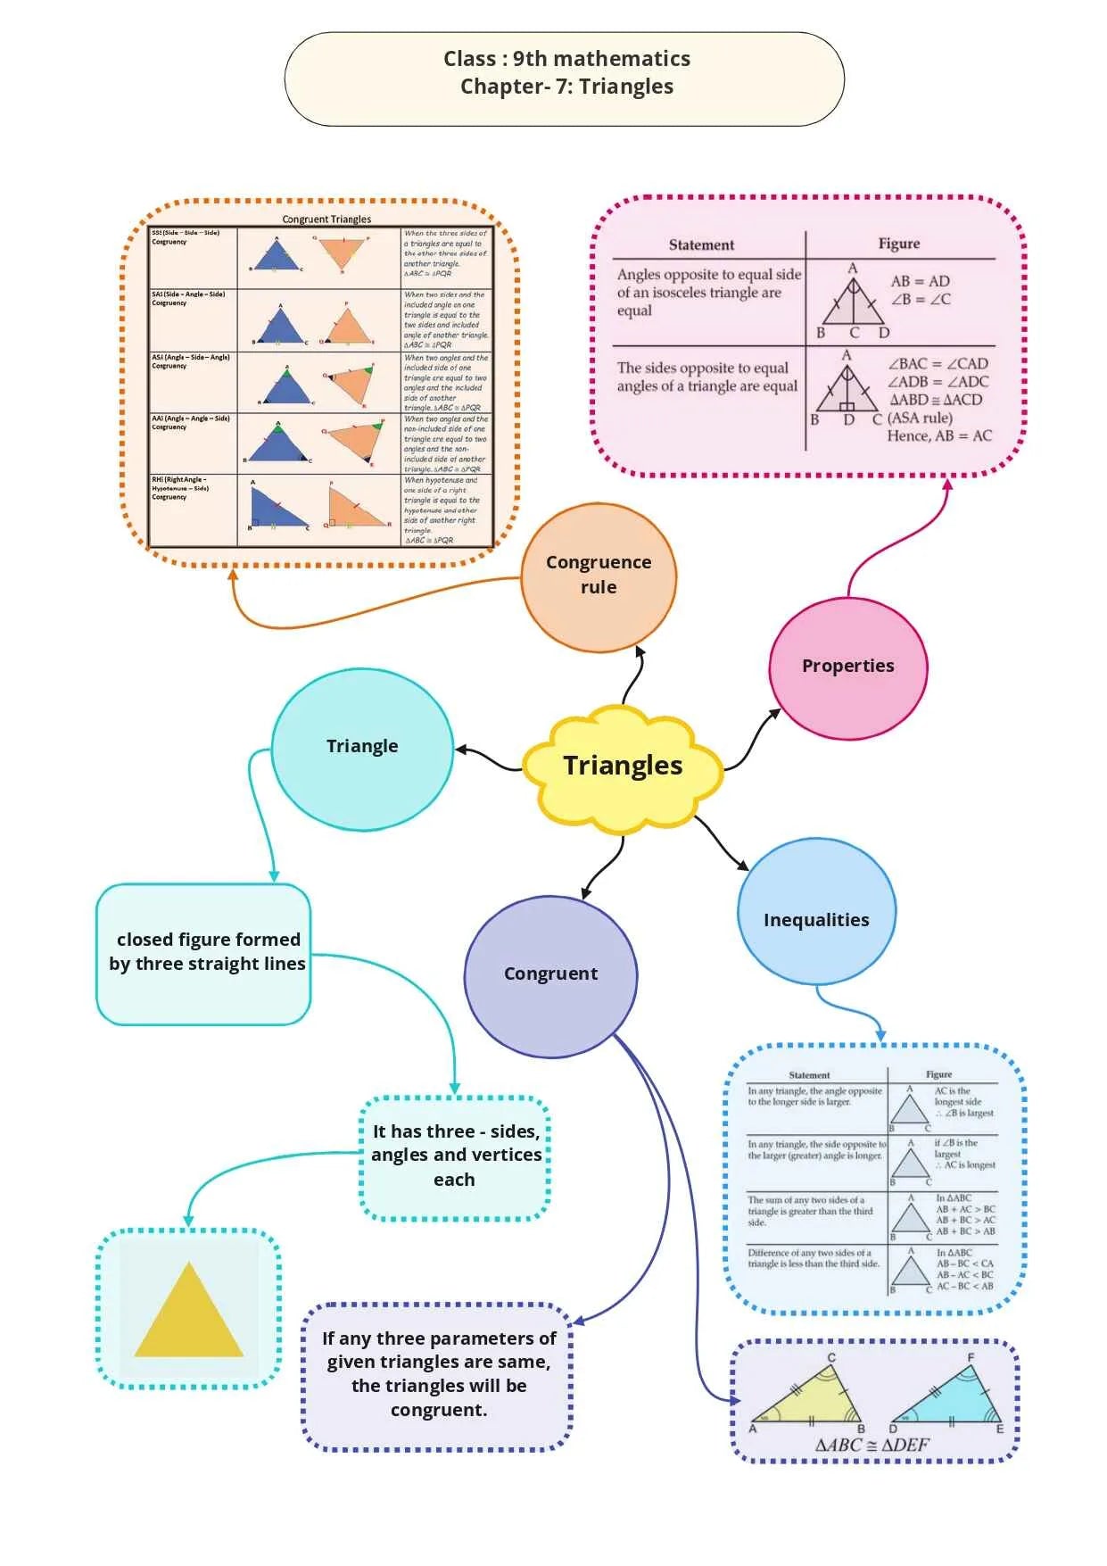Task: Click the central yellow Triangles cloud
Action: pyautogui.click(x=622, y=766)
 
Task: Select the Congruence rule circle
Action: pyautogui.click(x=599, y=576)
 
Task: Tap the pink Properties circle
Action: pyautogui.click(x=847, y=666)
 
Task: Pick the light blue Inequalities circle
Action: pyautogui.click(x=816, y=920)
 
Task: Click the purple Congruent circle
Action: pyautogui.click(x=550, y=974)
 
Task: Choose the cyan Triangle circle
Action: pyautogui.click(x=362, y=747)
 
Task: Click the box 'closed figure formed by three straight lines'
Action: pyautogui.click(x=204, y=952)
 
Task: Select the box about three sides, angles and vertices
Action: pyautogui.click(x=455, y=1156)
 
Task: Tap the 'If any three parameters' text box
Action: pyautogui.click(x=438, y=1374)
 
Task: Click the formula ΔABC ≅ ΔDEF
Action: pyautogui.click(x=872, y=1445)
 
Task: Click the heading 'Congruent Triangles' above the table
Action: pyautogui.click(x=326, y=219)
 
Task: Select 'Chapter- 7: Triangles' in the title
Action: pyautogui.click(x=566, y=87)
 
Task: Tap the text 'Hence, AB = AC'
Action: pyautogui.click(x=938, y=435)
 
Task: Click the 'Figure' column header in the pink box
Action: pyautogui.click(x=898, y=244)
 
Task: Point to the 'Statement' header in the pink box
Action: pyautogui.click(x=701, y=244)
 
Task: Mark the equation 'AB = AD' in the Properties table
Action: pyautogui.click(x=920, y=281)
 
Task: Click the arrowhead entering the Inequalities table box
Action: pyautogui.click(x=880, y=1036)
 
